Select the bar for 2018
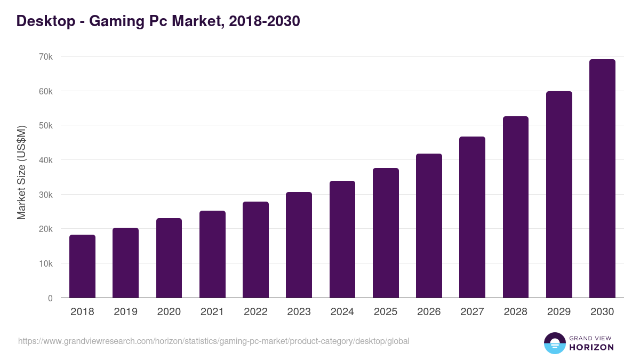click(x=82, y=266)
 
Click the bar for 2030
click(x=602, y=179)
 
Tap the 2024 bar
click(x=342, y=239)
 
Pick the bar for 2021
click(x=212, y=254)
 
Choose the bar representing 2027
click(x=472, y=217)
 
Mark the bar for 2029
click(x=559, y=195)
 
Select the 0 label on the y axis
click(x=50, y=298)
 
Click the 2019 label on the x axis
click(x=125, y=312)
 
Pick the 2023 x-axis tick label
click(x=299, y=312)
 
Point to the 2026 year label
click(x=429, y=312)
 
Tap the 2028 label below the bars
click(x=515, y=312)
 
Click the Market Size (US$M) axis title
click(x=21, y=173)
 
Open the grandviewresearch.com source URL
click(x=213, y=341)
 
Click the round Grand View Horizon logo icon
click(x=554, y=343)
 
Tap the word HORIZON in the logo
click(x=591, y=347)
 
